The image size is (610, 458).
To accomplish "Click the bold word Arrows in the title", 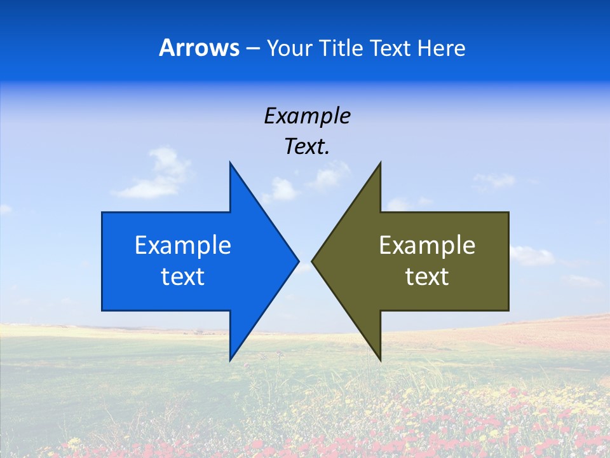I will (200, 48).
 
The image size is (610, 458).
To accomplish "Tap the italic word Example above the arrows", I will (308, 116).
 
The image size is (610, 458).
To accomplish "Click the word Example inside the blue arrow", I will (183, 245).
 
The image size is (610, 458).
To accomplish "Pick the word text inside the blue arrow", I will (183, 277).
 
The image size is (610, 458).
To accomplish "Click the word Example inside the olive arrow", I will (427, 245).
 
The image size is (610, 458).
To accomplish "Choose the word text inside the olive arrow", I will (427, 277).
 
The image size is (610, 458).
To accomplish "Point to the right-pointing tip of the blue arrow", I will (298, 261).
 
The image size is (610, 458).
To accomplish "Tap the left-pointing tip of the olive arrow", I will (313, 261).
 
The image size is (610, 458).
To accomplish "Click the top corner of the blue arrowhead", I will (230, 163).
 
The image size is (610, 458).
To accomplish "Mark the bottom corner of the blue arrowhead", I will (230, 359).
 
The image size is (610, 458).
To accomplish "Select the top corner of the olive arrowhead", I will (380, 163).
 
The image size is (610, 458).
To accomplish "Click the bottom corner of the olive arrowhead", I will (380, 359).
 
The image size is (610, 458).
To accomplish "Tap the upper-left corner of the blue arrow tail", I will (102, 212).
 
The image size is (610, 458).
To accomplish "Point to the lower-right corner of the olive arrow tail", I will (508, 310).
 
